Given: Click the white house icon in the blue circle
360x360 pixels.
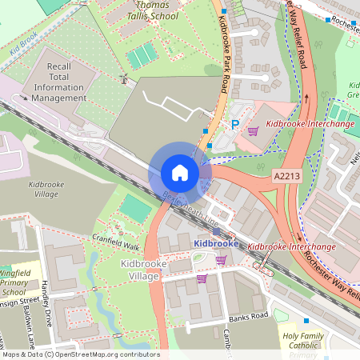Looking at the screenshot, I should coord(180,173).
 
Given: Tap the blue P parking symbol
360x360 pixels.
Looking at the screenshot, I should coord(235,125).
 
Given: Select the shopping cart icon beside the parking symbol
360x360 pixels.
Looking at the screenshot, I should coord(253,130).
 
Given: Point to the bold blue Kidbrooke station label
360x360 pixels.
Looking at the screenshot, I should coord(215,242).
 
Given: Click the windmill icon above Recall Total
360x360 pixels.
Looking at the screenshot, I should coord(123,78).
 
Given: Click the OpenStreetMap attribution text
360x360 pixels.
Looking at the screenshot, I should coord(80,354).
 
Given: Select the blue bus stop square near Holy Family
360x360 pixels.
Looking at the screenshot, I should coord(306,320).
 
